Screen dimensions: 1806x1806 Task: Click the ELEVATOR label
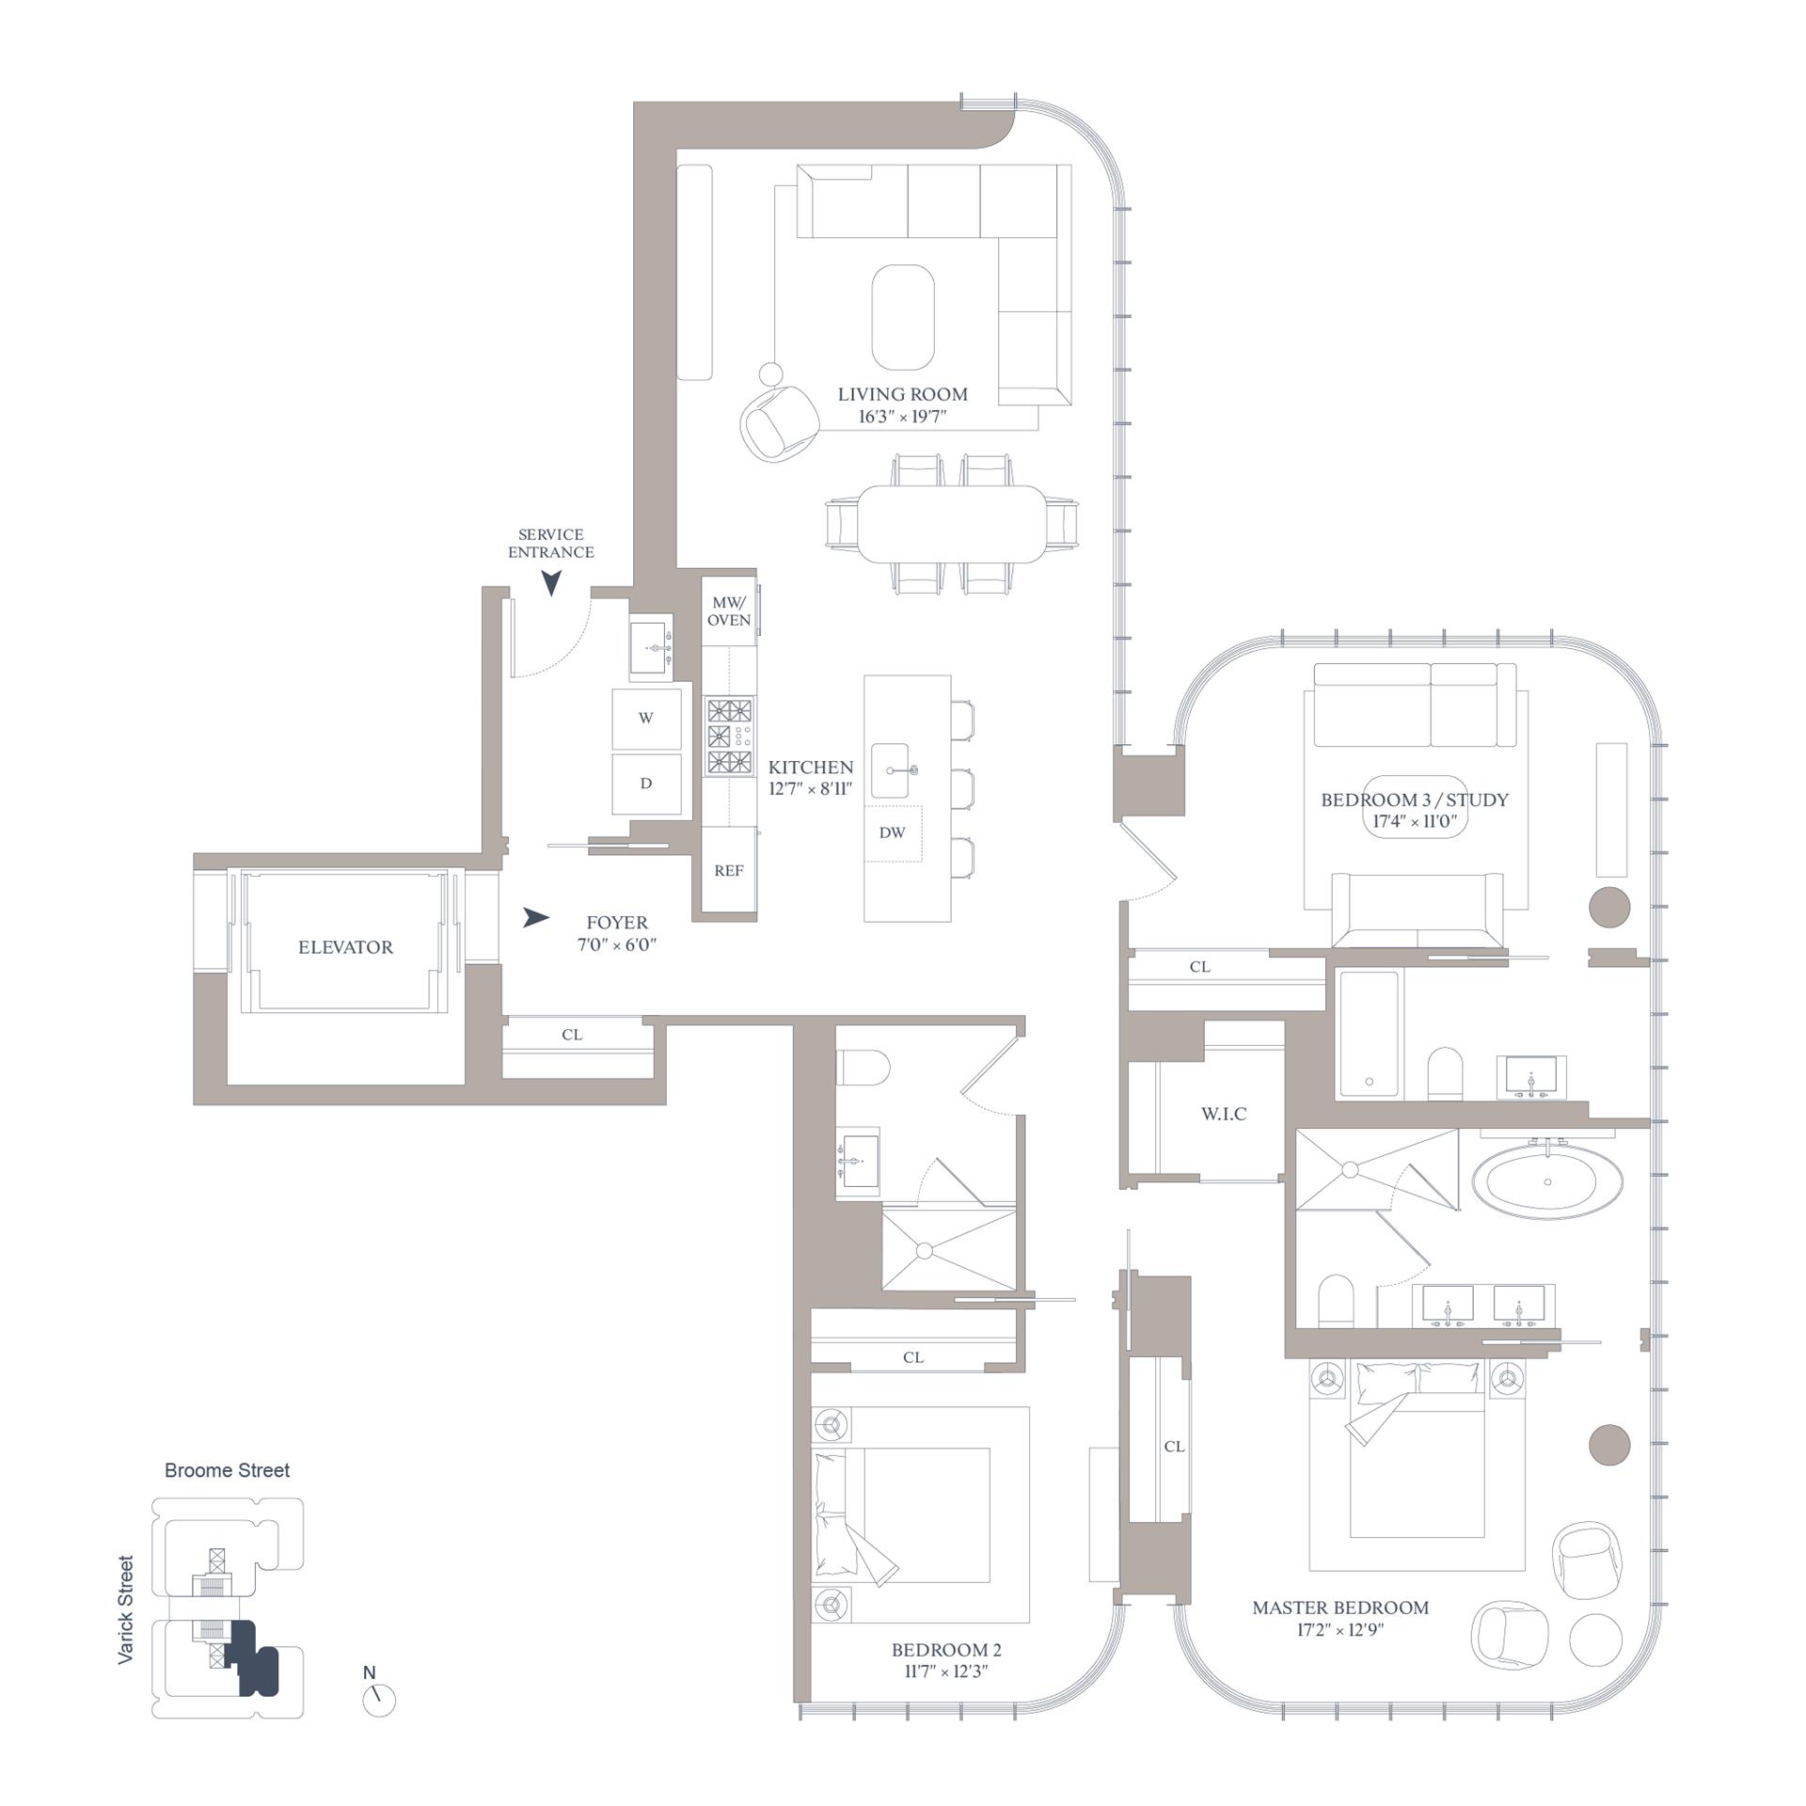click(x=345, y=947)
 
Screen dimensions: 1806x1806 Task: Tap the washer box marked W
click(x=646, y=718)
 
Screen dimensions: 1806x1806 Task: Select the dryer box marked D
click(x=646, y=784)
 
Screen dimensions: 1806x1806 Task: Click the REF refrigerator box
click(x=729, y=870)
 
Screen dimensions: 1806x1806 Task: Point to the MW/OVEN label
click(x=729, y=611)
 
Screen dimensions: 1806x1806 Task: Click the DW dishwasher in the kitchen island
click(x=892, y=832)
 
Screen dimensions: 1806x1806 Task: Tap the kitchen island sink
click(x=895, y=770)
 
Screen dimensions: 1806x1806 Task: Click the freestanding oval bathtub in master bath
click(x=1547, y=1180)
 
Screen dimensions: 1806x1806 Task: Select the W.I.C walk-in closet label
click(x=1224, y=1114)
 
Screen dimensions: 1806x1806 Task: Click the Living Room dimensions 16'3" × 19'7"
click(x=902, y=417)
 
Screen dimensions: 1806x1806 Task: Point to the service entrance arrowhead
click(x=551, y=584)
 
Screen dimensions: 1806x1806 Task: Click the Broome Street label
click(x=227, y=1470)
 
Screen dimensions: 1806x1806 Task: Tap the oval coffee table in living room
click(x=903, y=317)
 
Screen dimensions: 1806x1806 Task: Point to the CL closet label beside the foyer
click(x=572, y=1035)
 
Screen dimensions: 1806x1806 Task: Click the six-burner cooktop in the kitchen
click(x=730, y=737)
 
